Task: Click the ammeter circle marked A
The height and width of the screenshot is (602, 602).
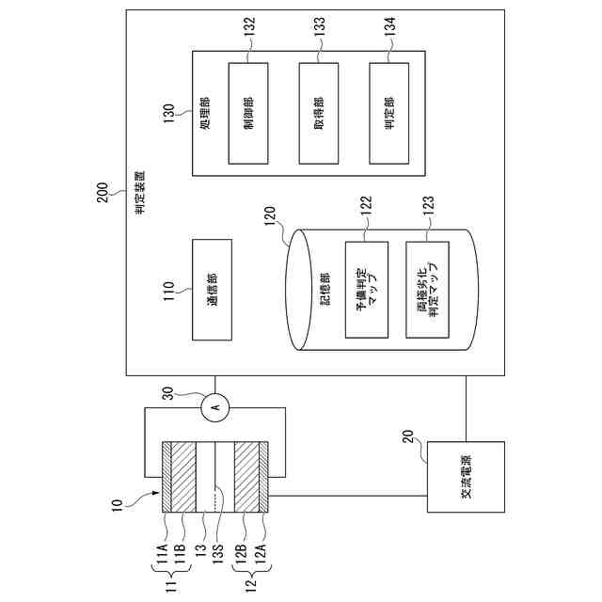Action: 214,406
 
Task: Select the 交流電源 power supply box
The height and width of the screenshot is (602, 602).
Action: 466,477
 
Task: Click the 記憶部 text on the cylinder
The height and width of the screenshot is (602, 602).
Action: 325,288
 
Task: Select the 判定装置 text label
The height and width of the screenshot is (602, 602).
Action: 138,194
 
